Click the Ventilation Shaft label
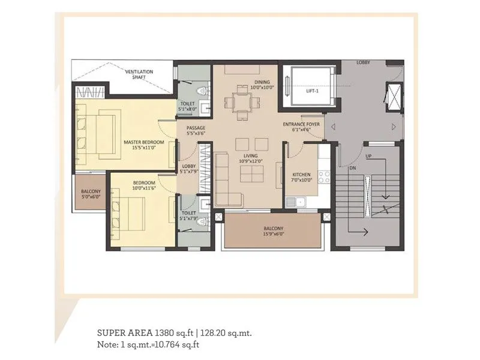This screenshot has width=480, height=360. click(x=139, y=74)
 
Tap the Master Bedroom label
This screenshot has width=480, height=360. click(x=140, y=145)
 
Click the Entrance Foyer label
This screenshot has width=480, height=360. click(x=301, y=127)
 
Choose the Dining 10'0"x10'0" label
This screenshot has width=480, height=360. click(x=263, y=84)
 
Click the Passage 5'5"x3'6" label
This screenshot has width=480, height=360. click(x=196, y=131)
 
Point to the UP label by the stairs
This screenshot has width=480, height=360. click(x=370, y=157)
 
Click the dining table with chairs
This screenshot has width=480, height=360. click(x=243, y=101)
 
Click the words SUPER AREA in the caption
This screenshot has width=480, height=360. click(x=124, y=332)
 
